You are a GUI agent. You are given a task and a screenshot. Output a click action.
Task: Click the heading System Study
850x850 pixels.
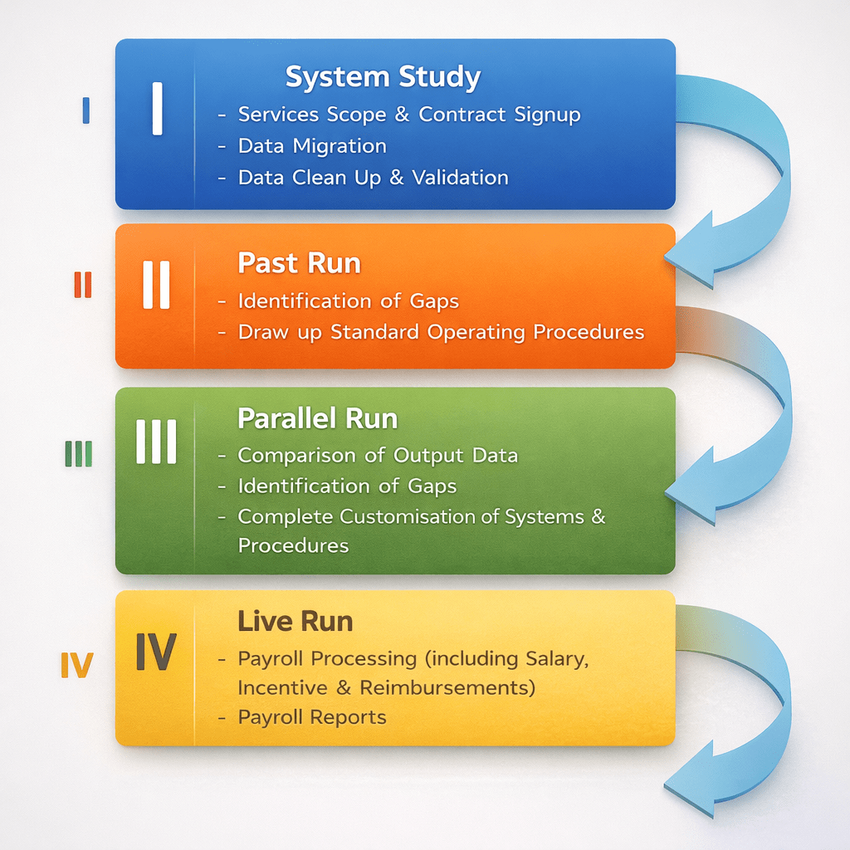coord(383,77)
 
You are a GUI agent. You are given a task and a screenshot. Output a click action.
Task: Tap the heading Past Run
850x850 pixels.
coord(299,263)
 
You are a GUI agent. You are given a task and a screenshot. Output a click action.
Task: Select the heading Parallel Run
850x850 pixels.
coord(317,418)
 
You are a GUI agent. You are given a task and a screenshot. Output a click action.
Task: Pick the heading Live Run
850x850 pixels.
coord(295,621)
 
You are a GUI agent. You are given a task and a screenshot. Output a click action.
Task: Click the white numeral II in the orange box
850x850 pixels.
coord(156,285)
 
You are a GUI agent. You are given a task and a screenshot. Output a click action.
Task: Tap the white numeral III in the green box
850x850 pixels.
coord(156,442)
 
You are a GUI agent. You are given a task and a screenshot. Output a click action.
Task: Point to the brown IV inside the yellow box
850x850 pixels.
coord(155,652)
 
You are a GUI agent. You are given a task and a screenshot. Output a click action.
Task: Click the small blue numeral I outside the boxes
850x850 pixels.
coord(85,110)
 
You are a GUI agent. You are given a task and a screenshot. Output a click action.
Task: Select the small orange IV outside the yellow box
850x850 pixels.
coord(76,666)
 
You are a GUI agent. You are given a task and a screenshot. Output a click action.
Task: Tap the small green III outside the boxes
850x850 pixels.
coord(78,453)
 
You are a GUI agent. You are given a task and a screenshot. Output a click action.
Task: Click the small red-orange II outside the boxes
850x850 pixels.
coord(82,285)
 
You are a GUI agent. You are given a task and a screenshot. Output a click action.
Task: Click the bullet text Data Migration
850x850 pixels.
coord(311,146)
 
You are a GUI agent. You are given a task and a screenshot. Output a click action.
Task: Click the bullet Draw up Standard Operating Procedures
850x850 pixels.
coord(440,332)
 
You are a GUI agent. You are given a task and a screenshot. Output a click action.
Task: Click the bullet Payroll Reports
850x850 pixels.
coord(311,717)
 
